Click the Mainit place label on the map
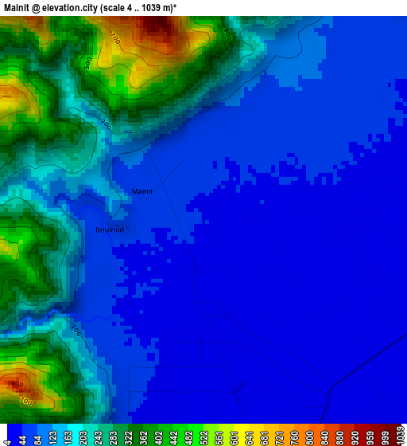(142, 191)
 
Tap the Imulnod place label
(110, 229)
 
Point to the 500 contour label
(87, 61)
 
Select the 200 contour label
(107, 125)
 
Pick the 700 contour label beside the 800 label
(26, 401)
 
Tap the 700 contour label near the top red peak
(115, 38)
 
